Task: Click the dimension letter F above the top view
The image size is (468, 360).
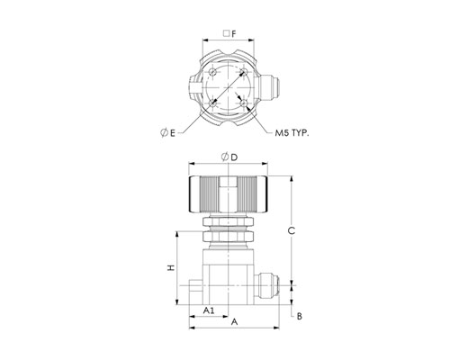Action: click(234, 33)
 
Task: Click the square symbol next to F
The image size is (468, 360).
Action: click(227, 33)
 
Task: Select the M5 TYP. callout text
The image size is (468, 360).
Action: click(292, 133)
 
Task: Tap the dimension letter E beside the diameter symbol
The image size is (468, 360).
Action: click(172, 133)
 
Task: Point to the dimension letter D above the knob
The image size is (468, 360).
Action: click(234, 157)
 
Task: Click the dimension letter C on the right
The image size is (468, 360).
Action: click(292, 230)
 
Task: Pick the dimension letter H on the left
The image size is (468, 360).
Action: click(171, 267)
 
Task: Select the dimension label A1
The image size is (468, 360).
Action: click(209, 310)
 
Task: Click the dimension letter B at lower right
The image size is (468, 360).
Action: click(300, 316)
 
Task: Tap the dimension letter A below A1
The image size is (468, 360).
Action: click(234, 322)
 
